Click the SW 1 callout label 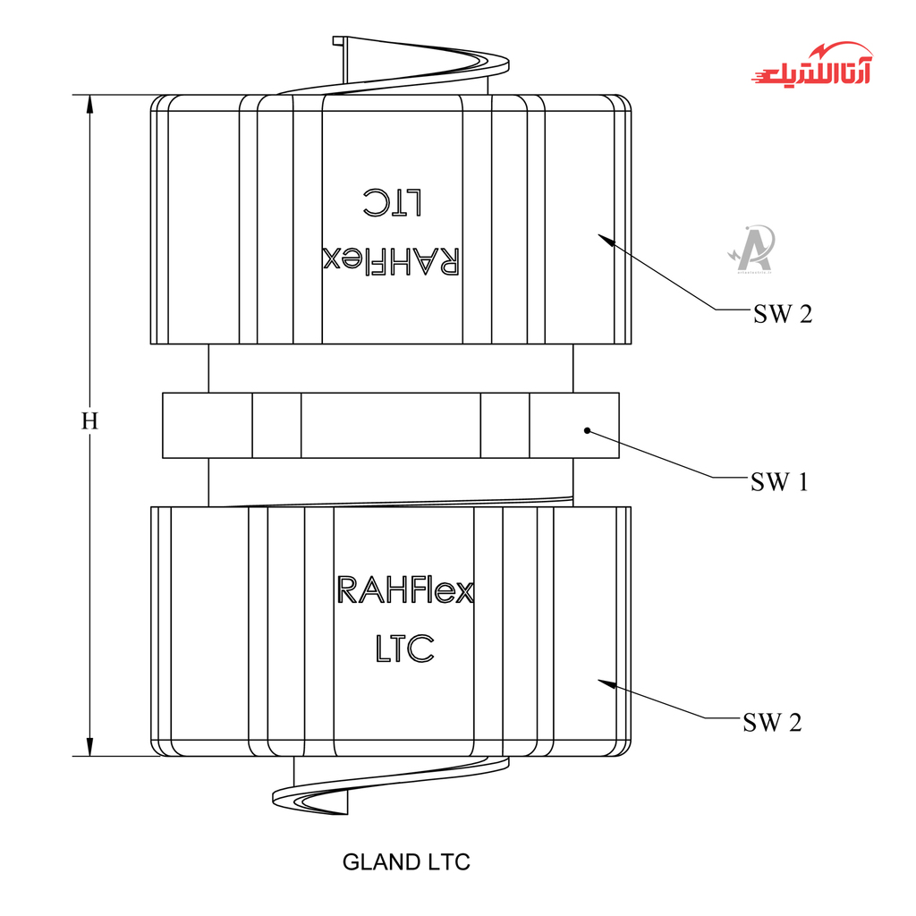[779, 482]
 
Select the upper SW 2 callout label [783, 314]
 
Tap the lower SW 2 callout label [772, 723]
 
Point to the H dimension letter [89, 421]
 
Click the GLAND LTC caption [406, 862]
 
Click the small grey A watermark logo [751, 248]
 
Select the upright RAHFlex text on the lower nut [404, 590]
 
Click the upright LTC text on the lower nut [404, 648]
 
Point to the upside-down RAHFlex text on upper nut [391, 261]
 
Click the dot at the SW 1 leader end [588, 431]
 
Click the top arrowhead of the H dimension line [89, 104]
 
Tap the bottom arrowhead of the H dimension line [89, 746]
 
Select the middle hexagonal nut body [390, 426]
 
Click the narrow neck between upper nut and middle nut [390, 368]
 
